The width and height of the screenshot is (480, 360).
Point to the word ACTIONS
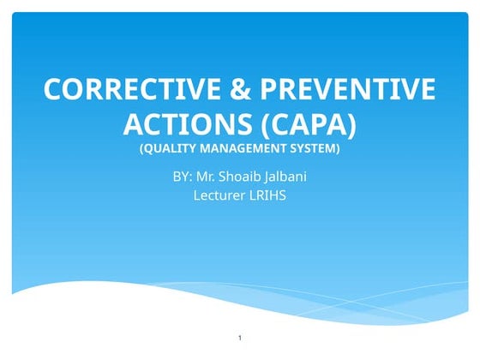181,124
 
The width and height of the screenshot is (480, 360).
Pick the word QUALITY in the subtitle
169,148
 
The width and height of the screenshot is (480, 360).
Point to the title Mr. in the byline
215,177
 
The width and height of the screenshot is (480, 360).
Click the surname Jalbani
292,177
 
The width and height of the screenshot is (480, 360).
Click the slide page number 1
240,340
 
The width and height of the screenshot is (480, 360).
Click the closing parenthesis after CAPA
351,125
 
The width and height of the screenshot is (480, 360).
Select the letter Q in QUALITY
147,148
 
